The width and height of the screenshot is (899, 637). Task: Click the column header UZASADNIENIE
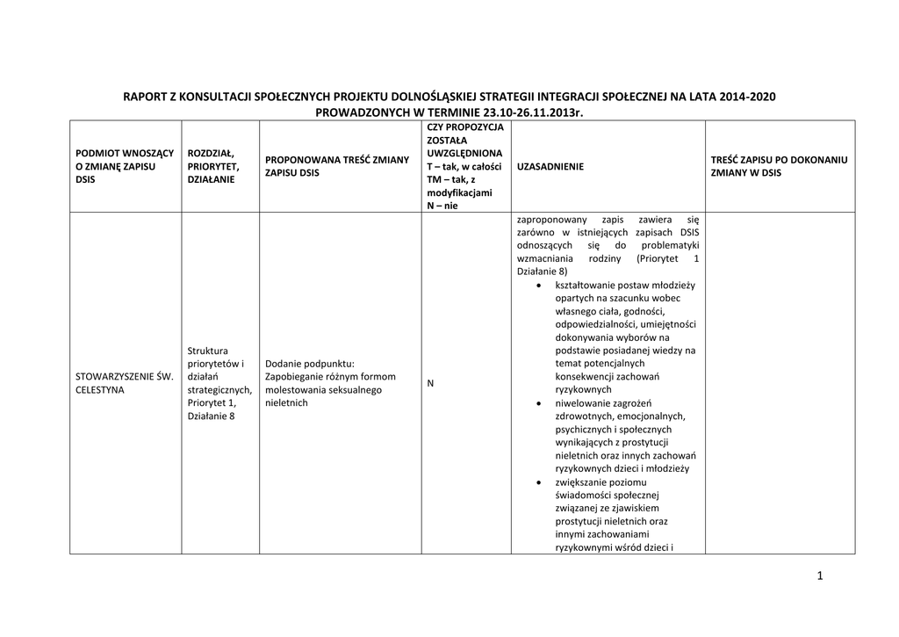(550, 167)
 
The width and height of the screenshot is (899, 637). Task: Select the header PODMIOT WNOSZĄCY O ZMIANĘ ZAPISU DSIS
(125, 166)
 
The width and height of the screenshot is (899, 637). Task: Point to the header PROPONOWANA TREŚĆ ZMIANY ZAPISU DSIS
(337, 166)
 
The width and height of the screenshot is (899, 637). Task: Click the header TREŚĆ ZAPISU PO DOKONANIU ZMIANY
(779, 167)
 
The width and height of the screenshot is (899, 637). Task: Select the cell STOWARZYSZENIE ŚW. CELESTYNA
(125, 383)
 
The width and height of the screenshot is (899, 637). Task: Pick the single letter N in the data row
(431, 384)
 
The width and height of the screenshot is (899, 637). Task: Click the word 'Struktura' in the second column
(208, 351)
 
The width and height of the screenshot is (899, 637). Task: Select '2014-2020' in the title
(747, 97)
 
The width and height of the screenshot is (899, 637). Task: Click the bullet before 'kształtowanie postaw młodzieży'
(538, 286)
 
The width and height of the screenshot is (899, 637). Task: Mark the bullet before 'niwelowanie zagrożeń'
(538, 402)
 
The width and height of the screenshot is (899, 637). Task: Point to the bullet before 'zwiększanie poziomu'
(538, 482)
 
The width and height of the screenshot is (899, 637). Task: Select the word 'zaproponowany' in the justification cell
(551, 220)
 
